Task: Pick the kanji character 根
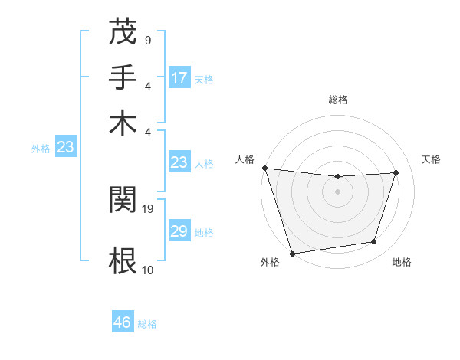click(x=123, y=260)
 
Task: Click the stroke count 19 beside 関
click(x=149, y=208)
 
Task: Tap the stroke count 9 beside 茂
click(x=147, y=39)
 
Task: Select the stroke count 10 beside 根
click(x=149, y=270)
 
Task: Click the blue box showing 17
click(x=179, y=78)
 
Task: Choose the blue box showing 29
click(x=179, y=231)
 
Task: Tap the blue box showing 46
click(x=123, y=322)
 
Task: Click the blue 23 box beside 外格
click(x=65, y=147)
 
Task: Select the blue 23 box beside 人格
click(x=179, y=162)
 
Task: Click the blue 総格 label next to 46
click(x=147, y=324)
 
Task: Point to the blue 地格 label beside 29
click(x=204, y=232)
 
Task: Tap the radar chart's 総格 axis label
click(x=338, y=100)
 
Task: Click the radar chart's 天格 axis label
click(x=431, y=159)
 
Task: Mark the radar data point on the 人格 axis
click(x=264, y=168)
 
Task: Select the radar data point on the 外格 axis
click(x=292, y=253)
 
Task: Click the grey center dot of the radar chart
click(x=338, y=191)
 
